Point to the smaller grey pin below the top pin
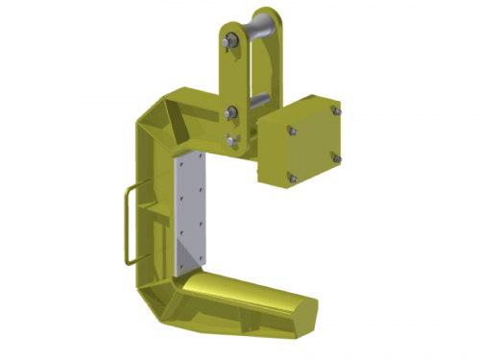point(256,99)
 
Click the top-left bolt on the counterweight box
point(292,131)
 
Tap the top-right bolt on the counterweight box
point(334,112)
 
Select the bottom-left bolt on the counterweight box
point(293,176)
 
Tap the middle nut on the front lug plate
point(231,115)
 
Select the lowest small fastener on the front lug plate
point(231,142)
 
